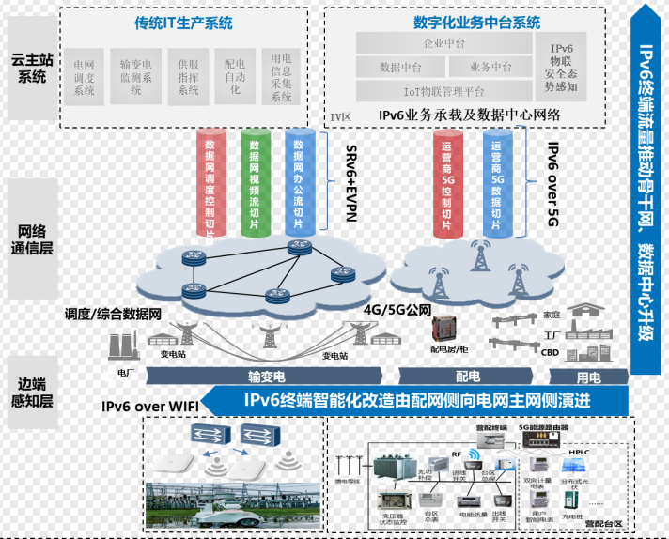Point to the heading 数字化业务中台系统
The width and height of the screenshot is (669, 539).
pyautogui.click(x=475, y=23)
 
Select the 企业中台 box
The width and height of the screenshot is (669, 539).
pyautogui.click(x=444, y=43)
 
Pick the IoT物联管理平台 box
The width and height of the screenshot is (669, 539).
pyautogui.click(x=444, y=91)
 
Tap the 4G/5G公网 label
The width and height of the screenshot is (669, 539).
pyautogui.click(x=397, y=310)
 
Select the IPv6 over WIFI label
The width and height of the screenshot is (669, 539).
pyautogui.click(x=150, y=406)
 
